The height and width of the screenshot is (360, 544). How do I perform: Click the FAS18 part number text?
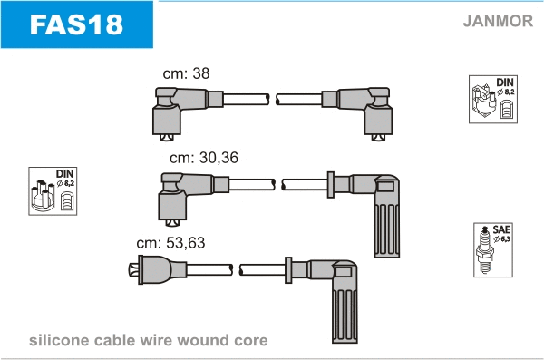click(x=76, y=24)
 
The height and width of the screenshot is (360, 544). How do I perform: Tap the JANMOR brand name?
click(x=498, y=21)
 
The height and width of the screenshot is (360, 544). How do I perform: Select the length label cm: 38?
click(x=186, y=73)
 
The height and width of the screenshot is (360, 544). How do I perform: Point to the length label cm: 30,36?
click(x=204, y=158)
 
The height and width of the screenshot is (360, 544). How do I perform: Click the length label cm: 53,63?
click(x=170, y=243)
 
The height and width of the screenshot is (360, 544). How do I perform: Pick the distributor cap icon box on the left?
click(x=53, y=191)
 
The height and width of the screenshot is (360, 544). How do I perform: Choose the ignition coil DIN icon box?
click(x=493, y=99)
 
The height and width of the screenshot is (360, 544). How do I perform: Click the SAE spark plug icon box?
click(x=493, y=250)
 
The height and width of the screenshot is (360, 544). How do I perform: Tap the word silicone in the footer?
click(x=59, y=340)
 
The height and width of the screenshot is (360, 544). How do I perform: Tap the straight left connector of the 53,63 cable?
click(x=158, y=269)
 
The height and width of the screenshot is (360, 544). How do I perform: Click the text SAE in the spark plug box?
click(x=501, y=229)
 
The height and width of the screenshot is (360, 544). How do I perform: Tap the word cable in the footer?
click(x=114, y=340)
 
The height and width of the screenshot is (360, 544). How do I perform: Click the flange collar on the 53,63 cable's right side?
click(x=288, y=270)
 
